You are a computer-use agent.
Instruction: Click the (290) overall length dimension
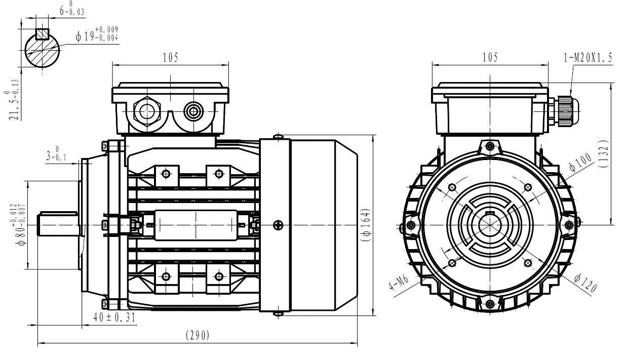pyautogui.click(x=198, y=335)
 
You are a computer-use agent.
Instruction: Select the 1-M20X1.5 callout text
pyautogui.click(x=588, y=58)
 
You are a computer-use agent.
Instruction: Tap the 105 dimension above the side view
pyautogui.click(x=170, y=57)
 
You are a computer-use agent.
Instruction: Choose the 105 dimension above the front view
pyautogui.click(x=489, y=57)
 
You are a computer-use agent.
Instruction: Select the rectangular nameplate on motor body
pyautogui.click(x=195, y=225)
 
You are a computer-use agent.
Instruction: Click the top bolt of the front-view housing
pyautogui.click(x=489, y=146)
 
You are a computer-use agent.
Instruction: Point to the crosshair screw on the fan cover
pyautogui.click(x=278, y=225)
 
